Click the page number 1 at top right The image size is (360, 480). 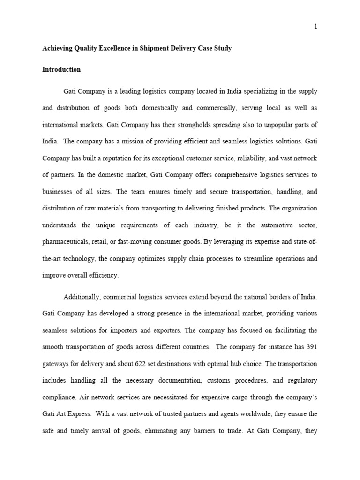click(316, 26)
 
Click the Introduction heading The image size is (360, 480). click(61, 69)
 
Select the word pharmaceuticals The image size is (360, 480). click(66, 242)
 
